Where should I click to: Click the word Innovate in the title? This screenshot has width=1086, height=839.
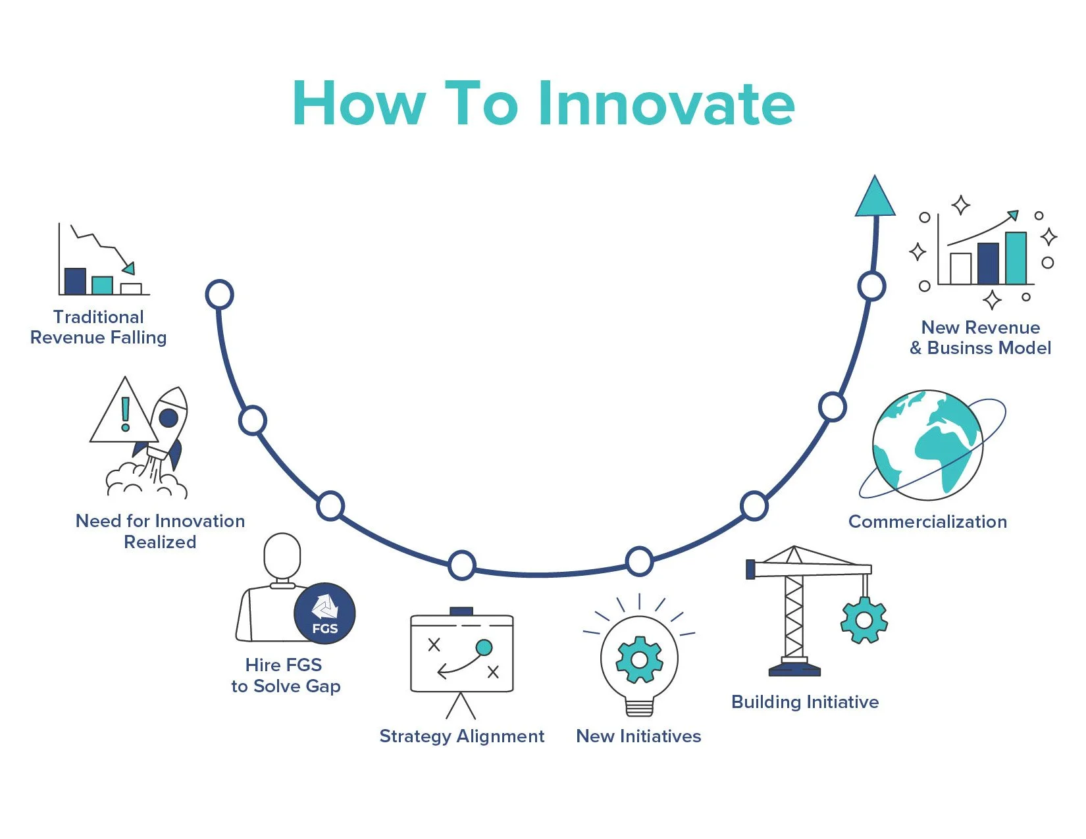(667, 103)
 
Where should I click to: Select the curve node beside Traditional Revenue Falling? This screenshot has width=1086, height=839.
(220, 294)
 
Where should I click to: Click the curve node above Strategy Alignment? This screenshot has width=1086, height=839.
(462, 565)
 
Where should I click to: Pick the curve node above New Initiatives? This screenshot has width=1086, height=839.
(639, 561)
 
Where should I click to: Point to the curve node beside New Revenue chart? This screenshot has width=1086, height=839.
(871, 286)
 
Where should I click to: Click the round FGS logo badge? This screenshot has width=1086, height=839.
(324, 613)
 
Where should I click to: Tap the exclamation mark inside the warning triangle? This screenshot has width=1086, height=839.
(125, 414)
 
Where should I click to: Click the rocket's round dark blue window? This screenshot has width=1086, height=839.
(169, 417)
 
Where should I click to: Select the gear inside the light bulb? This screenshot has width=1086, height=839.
(639, 659)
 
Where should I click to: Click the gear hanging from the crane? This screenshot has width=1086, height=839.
(864, 620)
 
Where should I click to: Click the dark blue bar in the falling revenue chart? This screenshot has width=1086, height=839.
(75, 281)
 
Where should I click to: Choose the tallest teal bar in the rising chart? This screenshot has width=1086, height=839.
(1016, 258)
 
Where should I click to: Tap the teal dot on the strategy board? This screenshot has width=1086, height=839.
(484, 648)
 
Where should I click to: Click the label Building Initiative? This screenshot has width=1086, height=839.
(805, 702)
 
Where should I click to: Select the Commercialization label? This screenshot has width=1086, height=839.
(927, 522)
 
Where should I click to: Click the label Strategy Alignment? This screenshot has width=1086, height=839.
(462, 736)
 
